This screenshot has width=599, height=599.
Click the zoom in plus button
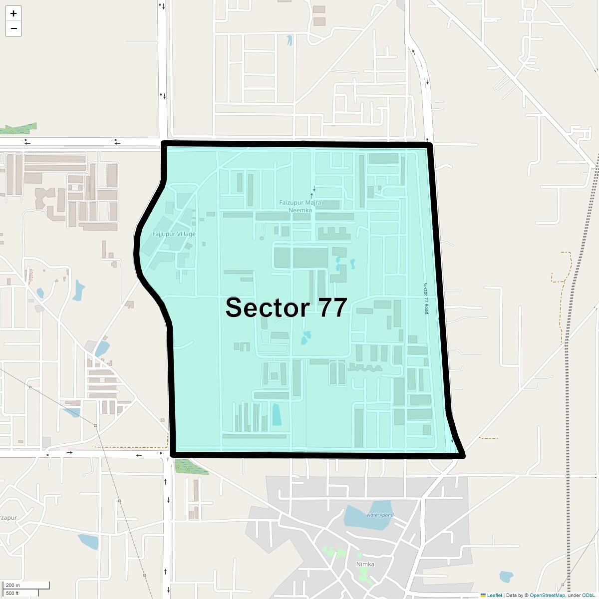coord(13,13)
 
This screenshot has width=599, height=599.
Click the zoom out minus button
coord(13,28)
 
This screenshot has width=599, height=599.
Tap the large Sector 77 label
coord(286,307)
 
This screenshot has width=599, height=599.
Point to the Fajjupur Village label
coord(174,234)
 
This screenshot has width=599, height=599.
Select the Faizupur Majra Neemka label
coord(300,206)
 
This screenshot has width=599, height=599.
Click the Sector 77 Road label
coord(426,299)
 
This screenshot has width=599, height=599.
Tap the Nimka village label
coord(365,564)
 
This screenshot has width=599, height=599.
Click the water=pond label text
coord(380,515)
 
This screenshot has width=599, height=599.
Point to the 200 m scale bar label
coord(13,585)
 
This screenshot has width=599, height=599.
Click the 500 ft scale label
coord(12,593)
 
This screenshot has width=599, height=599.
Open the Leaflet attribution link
coord(494,595)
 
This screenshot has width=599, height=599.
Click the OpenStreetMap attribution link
coord(547,595)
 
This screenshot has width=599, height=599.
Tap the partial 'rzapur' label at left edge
coord(8,518)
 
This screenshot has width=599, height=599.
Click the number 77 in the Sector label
coord(332,307)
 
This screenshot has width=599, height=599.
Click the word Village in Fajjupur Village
coord(185,234)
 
